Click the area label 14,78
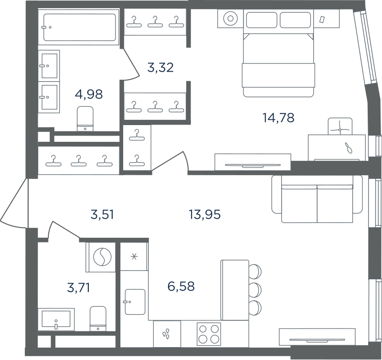278,117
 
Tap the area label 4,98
89,94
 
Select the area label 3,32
160,67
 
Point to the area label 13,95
205,214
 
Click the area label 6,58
181,286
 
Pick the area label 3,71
78,287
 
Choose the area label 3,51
102,215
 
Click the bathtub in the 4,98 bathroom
79,27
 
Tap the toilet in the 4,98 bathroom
85,118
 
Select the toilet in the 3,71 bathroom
98,318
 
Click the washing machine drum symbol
103,257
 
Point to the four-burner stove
209,334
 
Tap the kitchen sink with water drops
167,334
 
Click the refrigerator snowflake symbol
134,256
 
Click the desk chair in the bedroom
340,126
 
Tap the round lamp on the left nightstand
231,19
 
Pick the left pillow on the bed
262,20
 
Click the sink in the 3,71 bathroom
56,319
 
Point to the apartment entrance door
13,203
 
